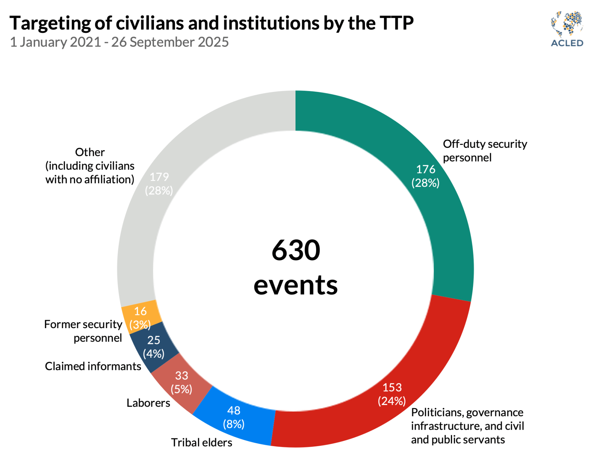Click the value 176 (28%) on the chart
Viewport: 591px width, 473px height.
click(x=426, y=176)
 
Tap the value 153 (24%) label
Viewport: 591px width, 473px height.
click(x=392, y=394)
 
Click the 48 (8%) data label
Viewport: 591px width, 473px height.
click(x=234, y=417)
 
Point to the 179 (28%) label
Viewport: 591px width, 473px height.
click(x=159, y=184)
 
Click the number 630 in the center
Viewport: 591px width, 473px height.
click(x=296, y=250)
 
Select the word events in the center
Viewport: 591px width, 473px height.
click(x=295, y=285)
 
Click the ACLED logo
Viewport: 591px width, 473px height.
click(x=567, y=29)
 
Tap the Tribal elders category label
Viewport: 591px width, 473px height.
click(x=202, y=442)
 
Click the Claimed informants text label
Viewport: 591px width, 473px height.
click(x=93, y=366)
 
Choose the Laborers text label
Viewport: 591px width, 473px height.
click(x=148, y=403)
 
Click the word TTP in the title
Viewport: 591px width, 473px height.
click(x=397, y=23)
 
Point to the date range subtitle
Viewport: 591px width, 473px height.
click(x=120, y=42)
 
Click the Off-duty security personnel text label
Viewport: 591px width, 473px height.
click(x=485, y=151)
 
